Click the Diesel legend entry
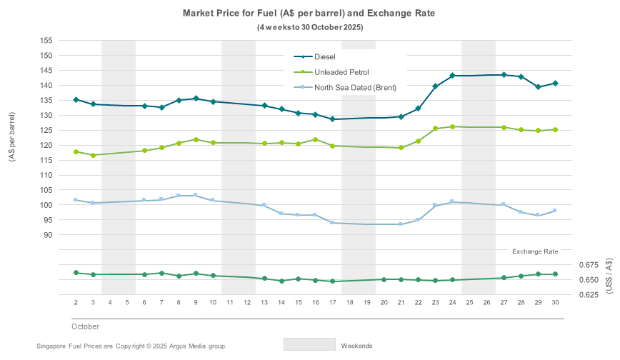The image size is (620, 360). (x=324, y=56)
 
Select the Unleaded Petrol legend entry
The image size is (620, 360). (x=336, y=71)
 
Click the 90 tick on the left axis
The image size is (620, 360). (x=46, y=235)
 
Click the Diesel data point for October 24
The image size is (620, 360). (x=452, y=76)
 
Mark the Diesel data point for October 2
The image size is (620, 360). (x=76, y=100)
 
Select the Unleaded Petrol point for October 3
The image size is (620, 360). (x=93, y=155)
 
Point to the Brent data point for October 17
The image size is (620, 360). (x=332, y=223)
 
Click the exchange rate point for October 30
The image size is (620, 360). (x=555, y=274)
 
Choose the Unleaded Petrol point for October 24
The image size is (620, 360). (x=452, y=126)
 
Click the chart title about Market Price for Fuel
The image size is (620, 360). (x=309, y=13)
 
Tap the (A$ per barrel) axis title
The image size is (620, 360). (x=12, y=137)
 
